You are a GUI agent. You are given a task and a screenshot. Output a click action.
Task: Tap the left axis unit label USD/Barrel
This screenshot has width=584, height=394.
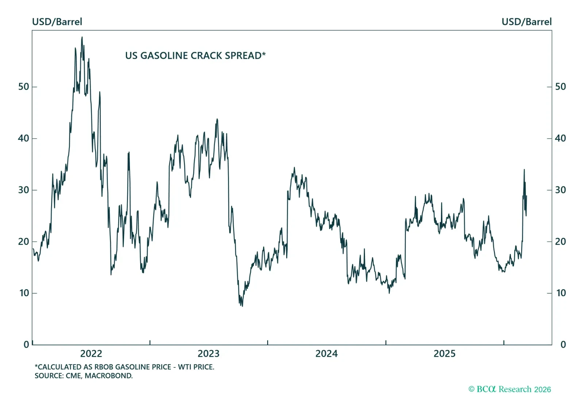click(x=57, y=22)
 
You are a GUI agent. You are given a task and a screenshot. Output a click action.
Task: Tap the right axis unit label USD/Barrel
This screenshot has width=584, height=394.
click(x=526, y=22)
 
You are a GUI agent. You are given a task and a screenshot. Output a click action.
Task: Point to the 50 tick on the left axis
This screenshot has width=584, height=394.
click(x=24, y=87)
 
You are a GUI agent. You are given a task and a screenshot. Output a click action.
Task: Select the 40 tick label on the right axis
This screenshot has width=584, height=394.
click(x=560, y=138)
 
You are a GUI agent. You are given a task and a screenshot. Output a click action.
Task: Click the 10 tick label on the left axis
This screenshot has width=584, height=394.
click(x=24, y=293)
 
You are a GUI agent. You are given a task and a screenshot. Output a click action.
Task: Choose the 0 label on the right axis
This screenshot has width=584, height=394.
click(x=563, y=344)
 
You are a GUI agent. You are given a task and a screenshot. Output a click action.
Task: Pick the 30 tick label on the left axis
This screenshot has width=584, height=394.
click(x=24, y=190)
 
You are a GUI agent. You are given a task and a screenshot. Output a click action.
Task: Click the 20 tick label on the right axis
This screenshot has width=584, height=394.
click(x=560, y=242)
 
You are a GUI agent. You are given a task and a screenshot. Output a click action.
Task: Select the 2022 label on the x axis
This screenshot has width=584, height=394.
click(x=91, y=354)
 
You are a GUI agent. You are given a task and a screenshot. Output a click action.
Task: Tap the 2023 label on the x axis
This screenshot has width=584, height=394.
click(x=208, y=354)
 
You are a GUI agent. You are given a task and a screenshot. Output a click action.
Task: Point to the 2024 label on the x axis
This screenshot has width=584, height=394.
click(x=326, y=354)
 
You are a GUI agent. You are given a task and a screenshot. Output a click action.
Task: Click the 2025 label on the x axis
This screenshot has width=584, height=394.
click(x=444, y=354)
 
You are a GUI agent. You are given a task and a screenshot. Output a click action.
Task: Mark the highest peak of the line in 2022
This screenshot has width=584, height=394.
click(x=82, y=37)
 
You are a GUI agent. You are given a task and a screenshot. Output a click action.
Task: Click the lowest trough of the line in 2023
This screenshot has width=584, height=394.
click(x=242, y=306)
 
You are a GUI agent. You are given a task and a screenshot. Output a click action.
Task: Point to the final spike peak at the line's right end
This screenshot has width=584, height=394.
click(x=524, y=170)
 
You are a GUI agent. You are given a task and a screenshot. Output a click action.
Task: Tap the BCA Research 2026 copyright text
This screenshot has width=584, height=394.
click(x=510, y=389)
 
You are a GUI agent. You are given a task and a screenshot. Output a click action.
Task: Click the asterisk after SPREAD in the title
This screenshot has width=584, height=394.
click(x=264, y=54)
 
